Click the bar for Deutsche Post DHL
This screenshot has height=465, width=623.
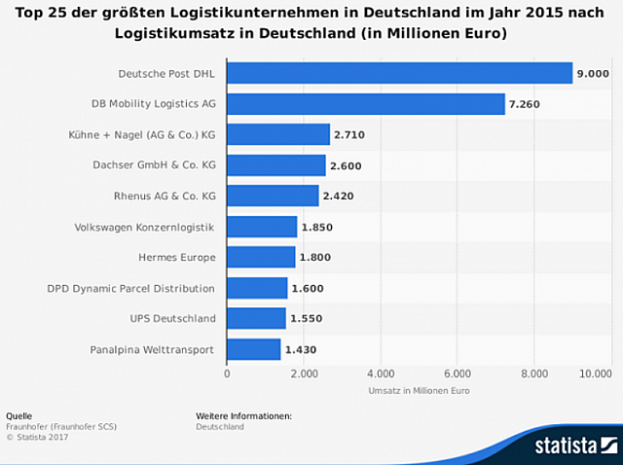tap(399, 74)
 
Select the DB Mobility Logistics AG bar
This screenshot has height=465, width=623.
tap(366, 104)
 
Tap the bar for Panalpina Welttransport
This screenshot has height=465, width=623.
tap(254, 349)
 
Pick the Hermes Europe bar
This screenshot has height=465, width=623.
tap(261, 257)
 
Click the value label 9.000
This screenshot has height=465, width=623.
tap(593, 74)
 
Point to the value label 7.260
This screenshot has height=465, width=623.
tap(526, 104)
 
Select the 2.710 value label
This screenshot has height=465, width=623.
tap(349, 135)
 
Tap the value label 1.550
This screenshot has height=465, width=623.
tap(306, 318)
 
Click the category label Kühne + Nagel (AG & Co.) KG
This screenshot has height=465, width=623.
tap(147, 135)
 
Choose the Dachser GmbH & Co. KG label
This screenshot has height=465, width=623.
tap(155, 165)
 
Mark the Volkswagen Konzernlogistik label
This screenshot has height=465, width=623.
tap(145, 227)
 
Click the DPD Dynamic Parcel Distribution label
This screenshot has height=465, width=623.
tap(131, 288)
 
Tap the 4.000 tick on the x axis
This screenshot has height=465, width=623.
tap(381, 373)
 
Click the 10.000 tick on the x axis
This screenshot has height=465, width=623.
tap(594, 373)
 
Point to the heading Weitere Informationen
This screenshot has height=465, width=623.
tap(243, 415)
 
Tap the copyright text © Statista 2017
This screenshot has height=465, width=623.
tap(33, 437)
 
